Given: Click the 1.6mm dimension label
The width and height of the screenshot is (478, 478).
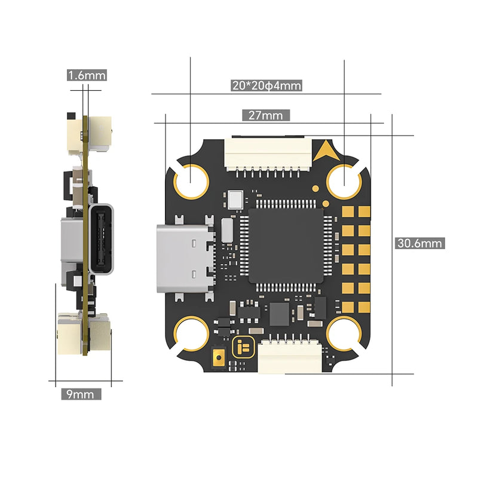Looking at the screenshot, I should [87, 75].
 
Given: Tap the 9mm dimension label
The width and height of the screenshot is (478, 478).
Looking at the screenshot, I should [81, 394].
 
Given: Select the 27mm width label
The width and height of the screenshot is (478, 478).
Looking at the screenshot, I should [266, 115].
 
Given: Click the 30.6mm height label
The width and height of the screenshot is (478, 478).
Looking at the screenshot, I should [419, 243].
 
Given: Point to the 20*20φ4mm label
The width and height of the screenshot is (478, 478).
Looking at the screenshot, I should [266, 85].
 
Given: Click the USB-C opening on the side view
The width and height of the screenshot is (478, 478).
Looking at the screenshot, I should [101, 239].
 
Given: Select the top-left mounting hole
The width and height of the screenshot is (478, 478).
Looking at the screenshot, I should [191, 177].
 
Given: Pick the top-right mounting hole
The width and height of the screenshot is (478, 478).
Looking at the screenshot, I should [345, 178].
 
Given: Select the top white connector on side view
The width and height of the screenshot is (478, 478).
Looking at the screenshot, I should [80, 131].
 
